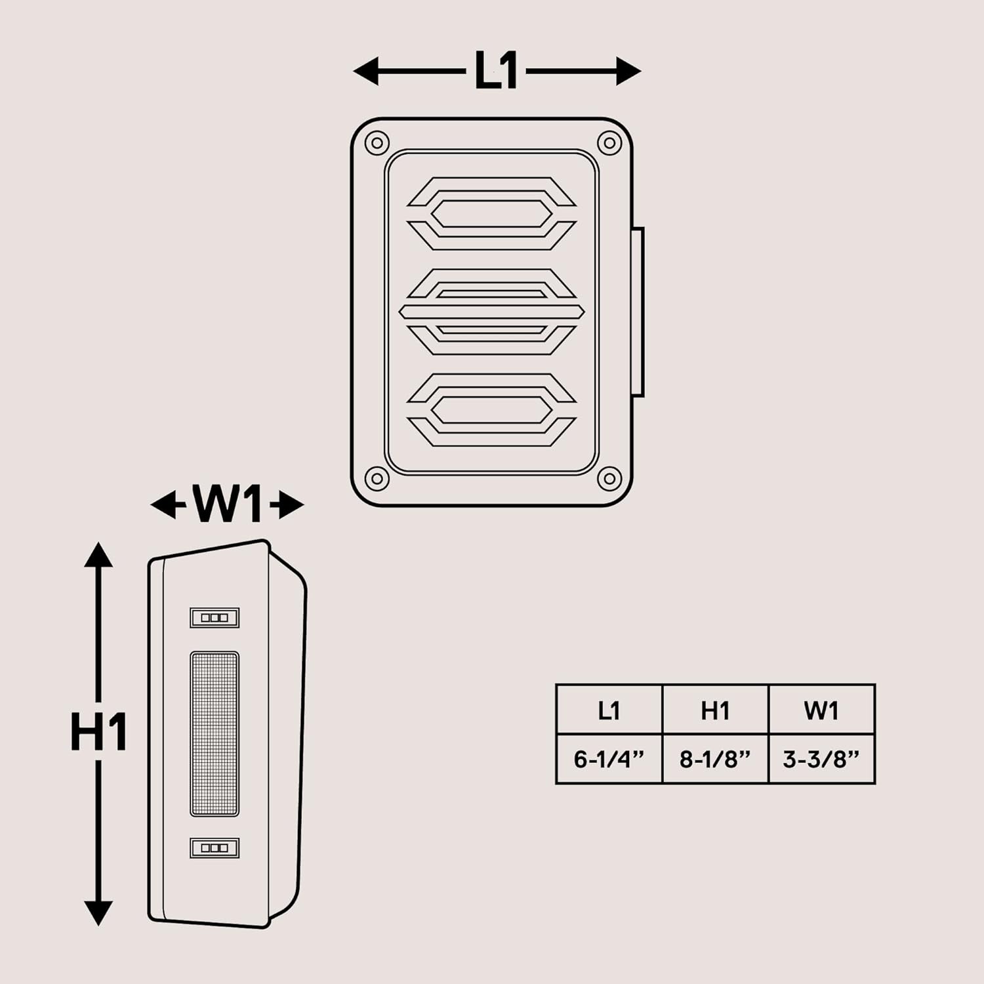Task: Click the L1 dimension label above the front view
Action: (497, 71)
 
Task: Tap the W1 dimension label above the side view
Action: (227, 505)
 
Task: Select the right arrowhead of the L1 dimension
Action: (628, 71)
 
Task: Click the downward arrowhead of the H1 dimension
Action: (98, 912)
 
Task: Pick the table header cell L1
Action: (609, 710)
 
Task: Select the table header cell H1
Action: (715, 710)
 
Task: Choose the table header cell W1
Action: (821, 710)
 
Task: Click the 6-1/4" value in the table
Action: (609, 759)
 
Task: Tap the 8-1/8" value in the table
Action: (715, 759)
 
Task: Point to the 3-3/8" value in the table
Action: (821, 759)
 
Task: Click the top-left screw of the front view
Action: (377, 143)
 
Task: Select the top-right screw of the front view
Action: (609, 143)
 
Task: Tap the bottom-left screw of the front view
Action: (377, 478)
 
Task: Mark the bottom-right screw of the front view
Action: (609, 478)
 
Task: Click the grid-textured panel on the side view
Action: (215, 734)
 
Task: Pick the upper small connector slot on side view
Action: (215, 617)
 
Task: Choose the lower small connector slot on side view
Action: (215, 848)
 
